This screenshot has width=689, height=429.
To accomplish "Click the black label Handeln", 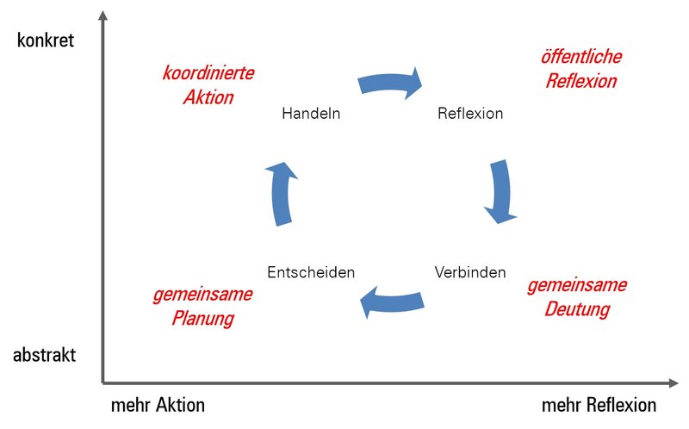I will coord(311,113).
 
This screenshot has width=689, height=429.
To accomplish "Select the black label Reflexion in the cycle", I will coord(470,113).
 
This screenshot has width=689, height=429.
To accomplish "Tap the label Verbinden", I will coord(469,271).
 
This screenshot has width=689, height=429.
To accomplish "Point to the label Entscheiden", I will coord(311,272).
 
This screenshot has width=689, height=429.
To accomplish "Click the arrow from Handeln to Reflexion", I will coord(391,82).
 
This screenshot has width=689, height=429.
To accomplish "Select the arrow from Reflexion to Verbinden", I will coord(499,192).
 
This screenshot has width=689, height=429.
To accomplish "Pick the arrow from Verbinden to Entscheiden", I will coord(392,302).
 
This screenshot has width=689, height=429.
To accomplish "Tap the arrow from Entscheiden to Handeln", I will coord(282,193).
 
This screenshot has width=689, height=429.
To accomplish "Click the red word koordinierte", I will coord(208,72).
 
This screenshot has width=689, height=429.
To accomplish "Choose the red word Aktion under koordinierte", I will coord(208,97).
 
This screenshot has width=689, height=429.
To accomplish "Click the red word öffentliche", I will coord(580,58).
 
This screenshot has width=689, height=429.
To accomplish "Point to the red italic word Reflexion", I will coord(580,82).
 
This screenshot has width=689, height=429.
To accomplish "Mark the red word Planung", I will coord(202,318).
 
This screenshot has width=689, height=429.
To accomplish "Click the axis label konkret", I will coord(46,40).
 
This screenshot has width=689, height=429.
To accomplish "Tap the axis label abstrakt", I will coord(45,355).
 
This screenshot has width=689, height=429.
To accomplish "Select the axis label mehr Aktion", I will coord(158,405).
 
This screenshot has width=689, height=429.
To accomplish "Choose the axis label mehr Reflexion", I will coord(599,405).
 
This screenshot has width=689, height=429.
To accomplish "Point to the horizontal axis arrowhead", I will coord(671,382).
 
